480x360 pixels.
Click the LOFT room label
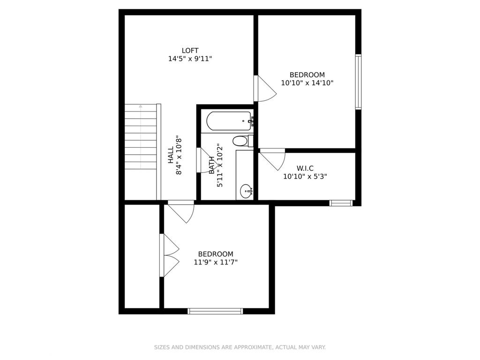click(190, 51)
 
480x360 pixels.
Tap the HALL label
click(171, 155)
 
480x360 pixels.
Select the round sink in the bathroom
click(246, 191)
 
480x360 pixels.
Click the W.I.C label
click(305, 168)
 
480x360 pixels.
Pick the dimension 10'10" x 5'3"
click(305, 177)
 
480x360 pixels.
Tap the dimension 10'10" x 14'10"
click(307, 83)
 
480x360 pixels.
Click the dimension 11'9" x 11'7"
click(216, 262)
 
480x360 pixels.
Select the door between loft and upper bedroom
click(264, 89)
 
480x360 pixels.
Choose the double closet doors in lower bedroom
click(169, 255)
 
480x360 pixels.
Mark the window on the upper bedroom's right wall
click(358, 82)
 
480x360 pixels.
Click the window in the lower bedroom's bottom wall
click(215, 311)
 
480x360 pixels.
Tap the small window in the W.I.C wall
click(340, 203)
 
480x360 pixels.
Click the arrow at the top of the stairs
click(140, 107)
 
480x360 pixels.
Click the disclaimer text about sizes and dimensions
click(240, 347)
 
